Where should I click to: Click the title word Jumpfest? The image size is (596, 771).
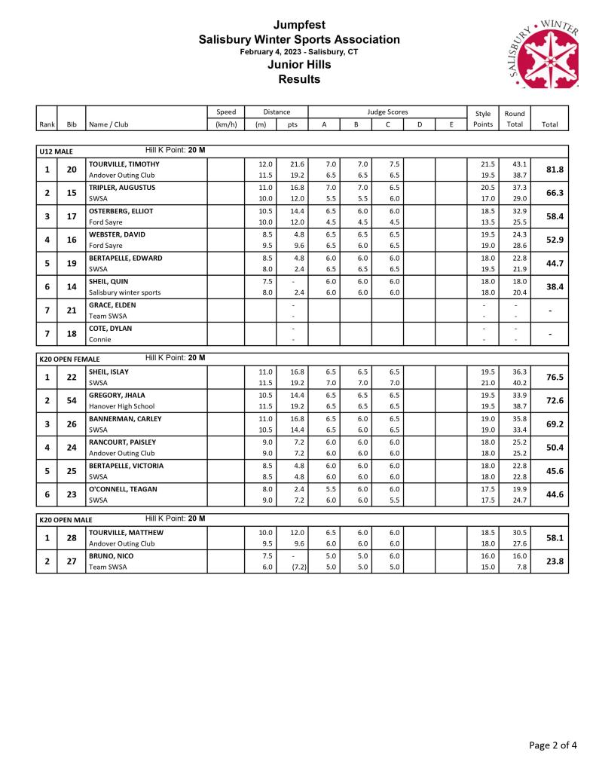[298, 26]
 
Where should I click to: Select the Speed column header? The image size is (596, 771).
[225, 112]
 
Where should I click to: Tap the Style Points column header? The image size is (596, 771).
[483, 118]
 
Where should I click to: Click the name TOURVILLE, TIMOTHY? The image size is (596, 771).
[124, 164]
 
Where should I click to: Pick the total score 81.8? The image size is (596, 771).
[555, 170]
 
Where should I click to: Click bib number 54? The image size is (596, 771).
[72, 400]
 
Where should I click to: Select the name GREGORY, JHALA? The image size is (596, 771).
[117, 395]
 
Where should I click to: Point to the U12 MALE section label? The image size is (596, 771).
[56, 151]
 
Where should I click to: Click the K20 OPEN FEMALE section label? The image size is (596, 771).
[69, 359]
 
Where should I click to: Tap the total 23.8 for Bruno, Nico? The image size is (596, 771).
[555, 561]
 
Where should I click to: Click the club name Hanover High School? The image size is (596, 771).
[121, 406]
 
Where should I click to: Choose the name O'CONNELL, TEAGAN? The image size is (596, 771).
[122, 489]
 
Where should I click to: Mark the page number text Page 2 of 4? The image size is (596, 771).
[553, 745]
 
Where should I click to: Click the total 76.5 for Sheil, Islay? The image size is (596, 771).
[555, 377]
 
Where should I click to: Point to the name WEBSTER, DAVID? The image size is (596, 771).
[117, 234]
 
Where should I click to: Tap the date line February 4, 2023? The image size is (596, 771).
[298, 52]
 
